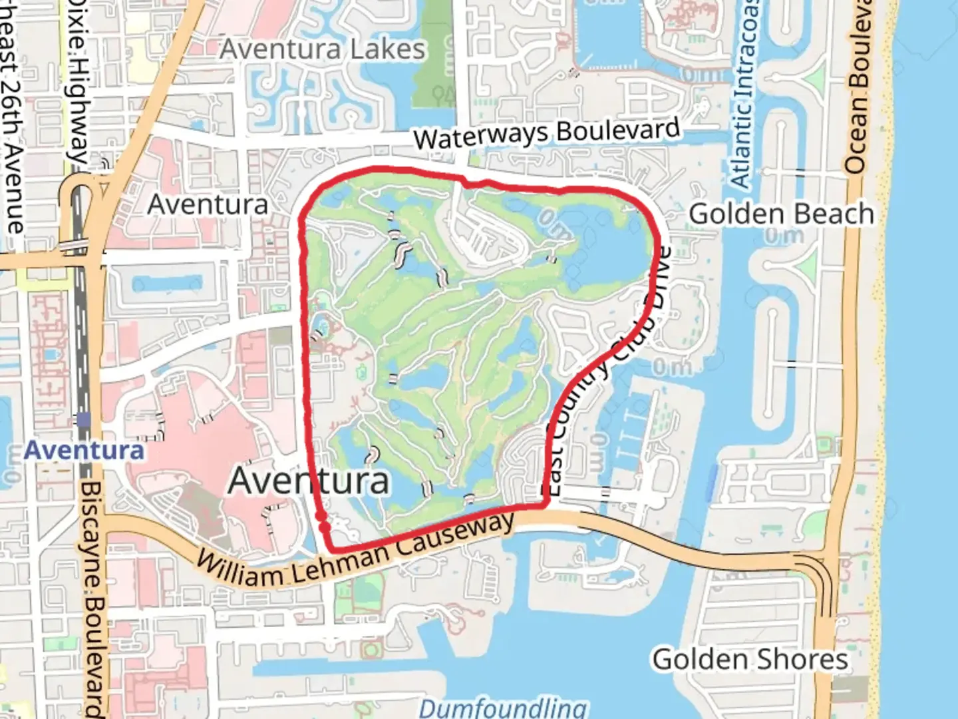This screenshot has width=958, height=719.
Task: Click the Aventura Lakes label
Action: pos(323,49)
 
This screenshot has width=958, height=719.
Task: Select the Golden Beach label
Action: pos(781,214)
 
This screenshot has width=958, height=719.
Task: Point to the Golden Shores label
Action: pos(750,660)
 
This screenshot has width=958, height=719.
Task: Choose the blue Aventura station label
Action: pos(84,451)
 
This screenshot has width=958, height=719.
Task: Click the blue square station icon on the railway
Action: pos(83,419)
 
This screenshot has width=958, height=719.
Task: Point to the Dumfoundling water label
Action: pos(503,707)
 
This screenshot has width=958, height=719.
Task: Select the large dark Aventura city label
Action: pos(309,481)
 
